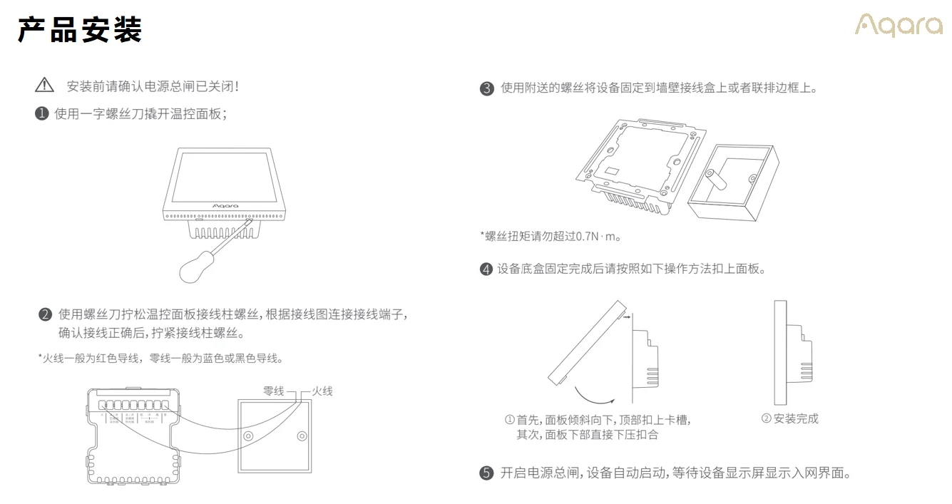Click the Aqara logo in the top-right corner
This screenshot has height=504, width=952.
tap(899, 26)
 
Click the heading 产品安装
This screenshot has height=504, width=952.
tap(80, 30)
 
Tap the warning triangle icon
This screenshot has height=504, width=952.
tap(44, 86)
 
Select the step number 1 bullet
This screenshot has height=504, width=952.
tap(42, 113)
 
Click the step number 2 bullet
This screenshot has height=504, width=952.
tap(46, 314)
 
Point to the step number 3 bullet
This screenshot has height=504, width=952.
tap(487, 88)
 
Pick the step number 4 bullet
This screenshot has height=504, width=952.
tap(486, 269)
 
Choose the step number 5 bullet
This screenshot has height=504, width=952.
tap(486, 473)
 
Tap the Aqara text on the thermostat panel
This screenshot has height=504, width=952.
tap(225, 205)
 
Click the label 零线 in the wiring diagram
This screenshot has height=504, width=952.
tap(274, 391)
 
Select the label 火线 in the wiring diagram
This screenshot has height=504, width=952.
tap(322, 391)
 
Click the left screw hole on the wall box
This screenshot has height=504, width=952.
tap(248, 436)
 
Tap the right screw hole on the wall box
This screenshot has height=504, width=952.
tap(302, 436)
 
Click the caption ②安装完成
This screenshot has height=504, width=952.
tap(789, 418)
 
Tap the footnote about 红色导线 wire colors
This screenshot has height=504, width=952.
tap(160, 358)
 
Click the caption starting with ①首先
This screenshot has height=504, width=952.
tap(598, 420)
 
